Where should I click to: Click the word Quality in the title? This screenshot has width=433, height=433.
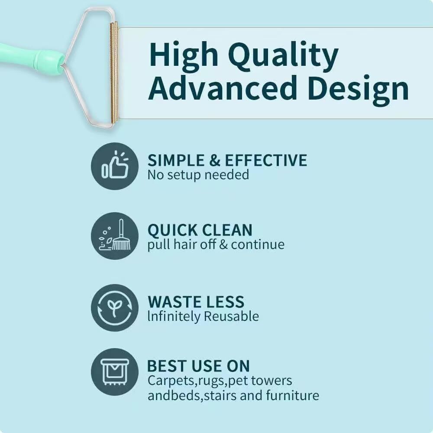tap(283, 56)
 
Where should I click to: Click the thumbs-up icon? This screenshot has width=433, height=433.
tap(115, 166)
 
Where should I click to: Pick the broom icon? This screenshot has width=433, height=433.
tap(115, 236)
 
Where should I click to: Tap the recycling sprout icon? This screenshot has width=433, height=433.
tap(115, 307)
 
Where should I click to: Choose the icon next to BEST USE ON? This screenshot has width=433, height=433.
tap(115, 372)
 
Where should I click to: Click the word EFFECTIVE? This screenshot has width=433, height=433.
tap(266, 160)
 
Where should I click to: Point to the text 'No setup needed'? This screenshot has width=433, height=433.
tap(198, 175)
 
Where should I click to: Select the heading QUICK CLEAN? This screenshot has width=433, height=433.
tap(200, 230)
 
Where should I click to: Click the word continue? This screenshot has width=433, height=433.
tap(258, 245)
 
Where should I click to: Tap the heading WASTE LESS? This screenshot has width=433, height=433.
tap(196, 301)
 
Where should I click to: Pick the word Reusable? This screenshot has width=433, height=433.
tap(231, 316)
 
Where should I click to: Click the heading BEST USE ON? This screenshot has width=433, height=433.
tap(199, 366)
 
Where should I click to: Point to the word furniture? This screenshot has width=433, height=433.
tap(292, 395)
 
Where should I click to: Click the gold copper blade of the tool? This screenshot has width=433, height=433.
tap(114, 73)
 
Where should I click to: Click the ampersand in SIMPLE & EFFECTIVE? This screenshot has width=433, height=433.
tap(215, 161)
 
